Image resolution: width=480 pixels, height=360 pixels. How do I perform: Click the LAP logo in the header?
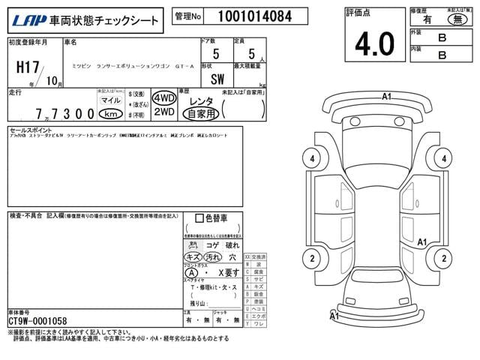[25, 20]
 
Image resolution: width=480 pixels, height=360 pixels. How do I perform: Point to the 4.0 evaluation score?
[374, 44]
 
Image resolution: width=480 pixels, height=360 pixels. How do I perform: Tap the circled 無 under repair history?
[455, 22]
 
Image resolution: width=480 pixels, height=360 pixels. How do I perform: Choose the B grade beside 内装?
[442, 55]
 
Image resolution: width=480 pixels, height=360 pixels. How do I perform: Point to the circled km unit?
[110, 113]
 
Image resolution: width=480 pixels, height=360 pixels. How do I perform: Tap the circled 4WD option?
[163, 98]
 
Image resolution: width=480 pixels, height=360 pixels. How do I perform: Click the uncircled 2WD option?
[163, 112]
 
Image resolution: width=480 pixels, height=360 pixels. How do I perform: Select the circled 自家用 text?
[202, 113]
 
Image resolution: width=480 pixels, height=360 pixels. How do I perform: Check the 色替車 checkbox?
[198, 218]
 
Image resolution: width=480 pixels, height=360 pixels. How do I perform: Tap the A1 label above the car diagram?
[387, 96]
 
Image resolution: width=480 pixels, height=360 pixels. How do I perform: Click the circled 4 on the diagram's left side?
[309, 158]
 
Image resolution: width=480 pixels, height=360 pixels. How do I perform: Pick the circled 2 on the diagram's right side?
[445, 259]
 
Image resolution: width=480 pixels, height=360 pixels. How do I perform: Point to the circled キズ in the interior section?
[193, 256]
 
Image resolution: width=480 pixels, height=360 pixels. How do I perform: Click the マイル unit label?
[110, 99]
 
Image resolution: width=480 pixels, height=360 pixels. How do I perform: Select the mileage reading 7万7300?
[64, 114]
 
